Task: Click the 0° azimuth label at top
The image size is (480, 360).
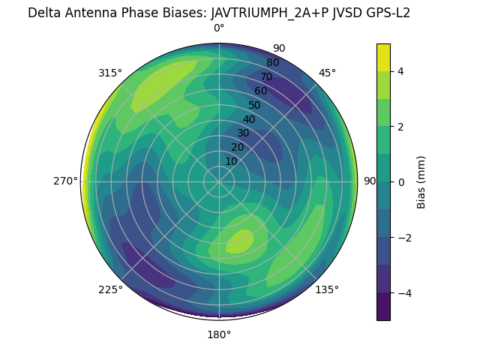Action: [219, 28]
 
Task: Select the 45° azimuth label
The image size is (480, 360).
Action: [327, 73]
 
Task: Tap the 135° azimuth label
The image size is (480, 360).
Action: [327, 289]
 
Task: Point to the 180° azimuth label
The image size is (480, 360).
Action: [219, 334]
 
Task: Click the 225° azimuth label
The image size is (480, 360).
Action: [110, 289]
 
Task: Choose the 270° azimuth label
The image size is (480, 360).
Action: [66, 181]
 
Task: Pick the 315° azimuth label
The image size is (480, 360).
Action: [110, 73]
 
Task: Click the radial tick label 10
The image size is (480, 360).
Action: [231, 161]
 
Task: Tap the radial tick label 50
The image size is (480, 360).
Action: [255, 106]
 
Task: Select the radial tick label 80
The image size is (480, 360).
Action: [272, 63]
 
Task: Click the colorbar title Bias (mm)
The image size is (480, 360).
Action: [421, 182]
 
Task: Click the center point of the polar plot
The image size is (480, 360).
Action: [219, 181]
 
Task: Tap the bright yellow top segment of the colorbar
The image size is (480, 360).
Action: [383, 57]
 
